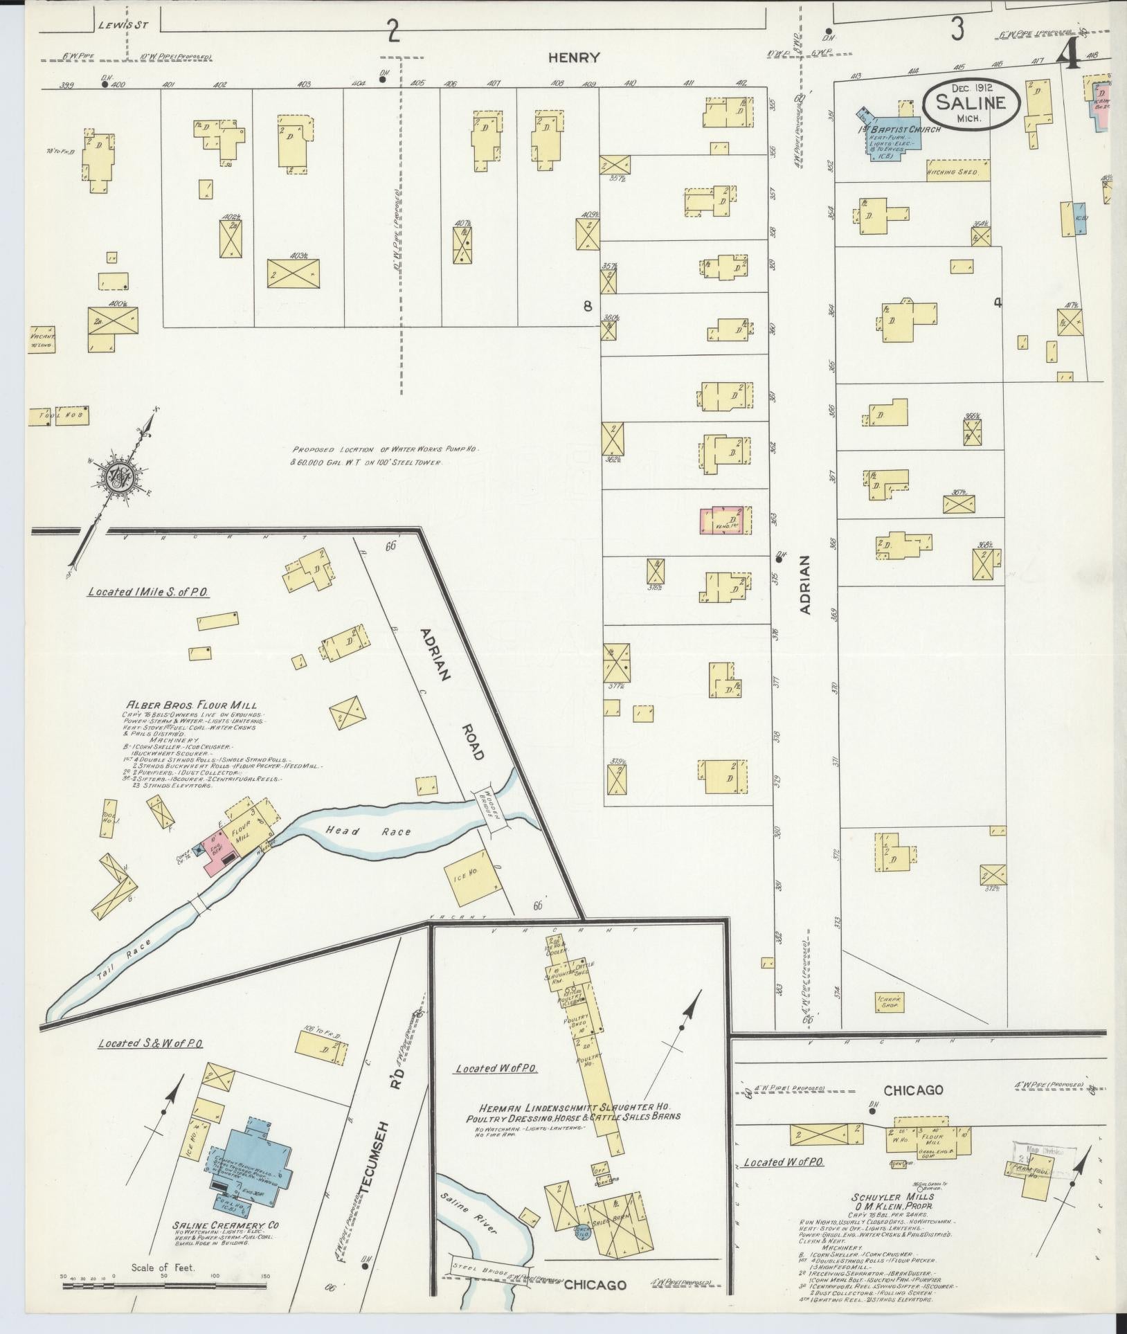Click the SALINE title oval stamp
coord(971,105)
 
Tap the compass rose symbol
coord(118,477)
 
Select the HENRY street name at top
coord(573,58)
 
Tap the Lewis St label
coord(114,24)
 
